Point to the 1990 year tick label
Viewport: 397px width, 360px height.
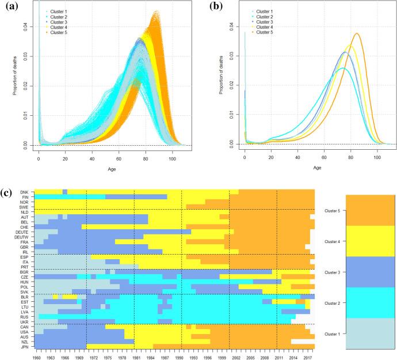pos(180,357)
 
